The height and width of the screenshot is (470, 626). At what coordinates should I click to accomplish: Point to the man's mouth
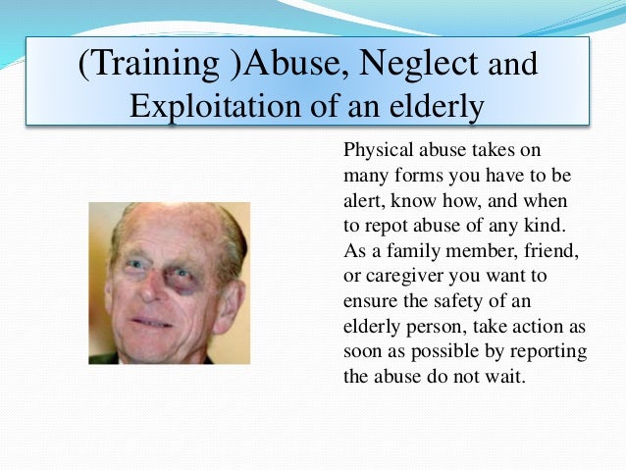pos(153,323)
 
